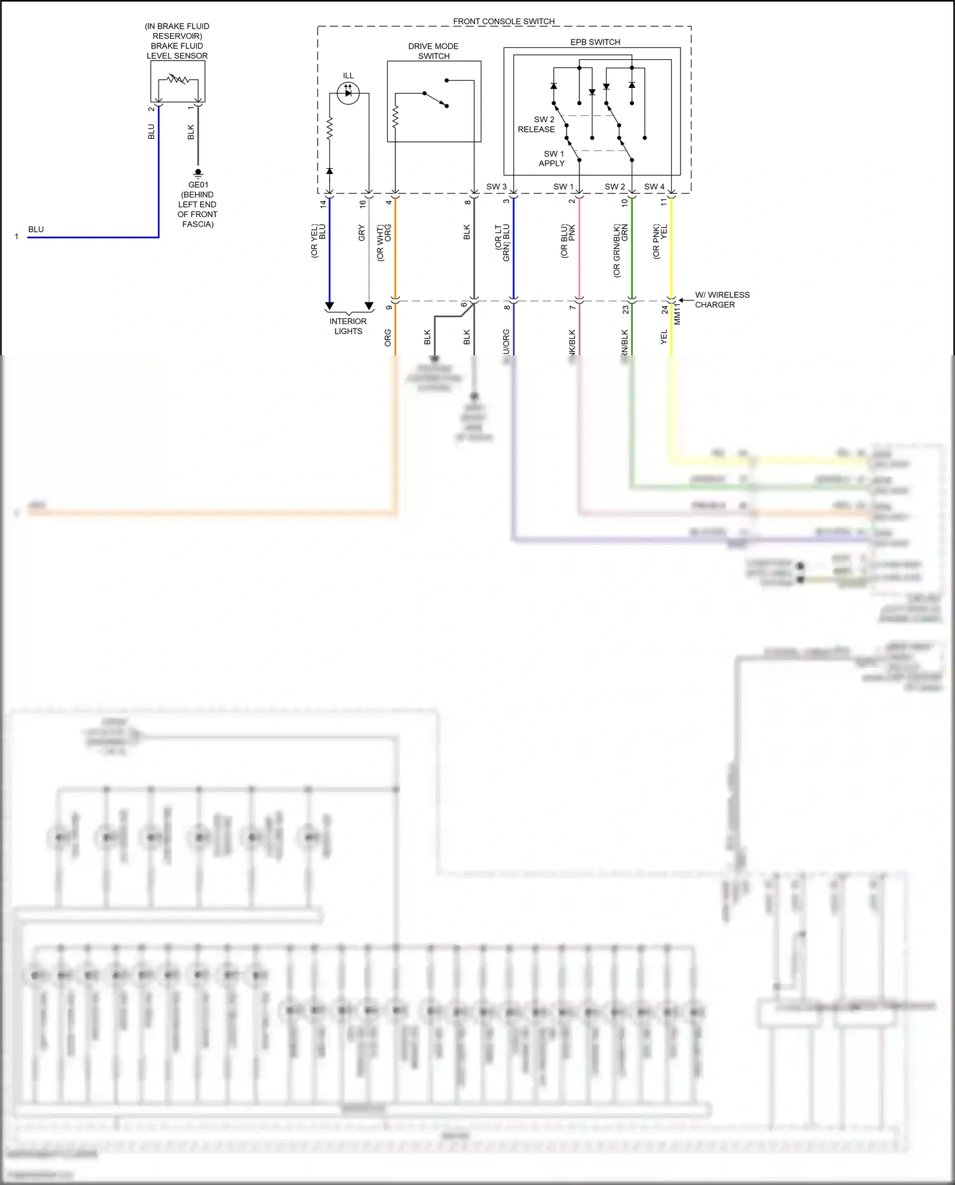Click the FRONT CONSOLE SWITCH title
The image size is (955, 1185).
click(504, 21)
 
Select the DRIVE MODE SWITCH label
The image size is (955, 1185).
click(434, 51)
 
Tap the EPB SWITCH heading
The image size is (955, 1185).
click(595, 42)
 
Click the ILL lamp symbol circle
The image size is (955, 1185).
click(348, 93)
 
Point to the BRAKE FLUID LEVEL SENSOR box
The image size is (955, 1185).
click(178, 82)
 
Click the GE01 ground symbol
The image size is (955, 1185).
click(198, 173)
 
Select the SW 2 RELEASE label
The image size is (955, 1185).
click(537, 124)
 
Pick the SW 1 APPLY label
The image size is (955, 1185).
click(553, 159)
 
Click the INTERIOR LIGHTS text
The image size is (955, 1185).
click(348, 326)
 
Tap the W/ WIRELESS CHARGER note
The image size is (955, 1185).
click(721, 299)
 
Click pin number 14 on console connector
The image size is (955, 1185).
click(323, 204)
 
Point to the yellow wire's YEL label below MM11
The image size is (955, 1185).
click(664, 337)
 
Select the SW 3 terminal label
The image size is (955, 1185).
click(496, 187)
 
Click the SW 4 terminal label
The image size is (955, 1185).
click(654, 187)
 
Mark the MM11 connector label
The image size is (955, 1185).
click(677, 313)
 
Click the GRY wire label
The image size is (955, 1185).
click(362, 232)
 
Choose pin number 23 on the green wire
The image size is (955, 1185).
click(625, 309)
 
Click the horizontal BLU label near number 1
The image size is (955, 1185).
click(36, 229)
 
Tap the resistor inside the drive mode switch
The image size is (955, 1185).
click(395, 117)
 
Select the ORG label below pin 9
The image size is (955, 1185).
click(388, 337)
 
